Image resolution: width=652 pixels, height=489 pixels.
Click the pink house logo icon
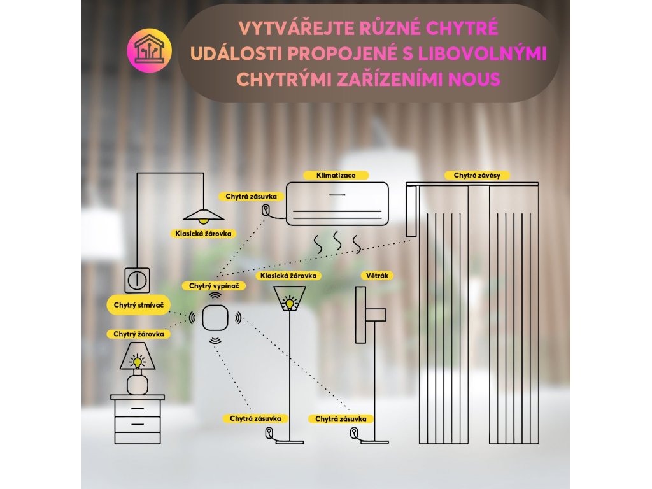[150, 50]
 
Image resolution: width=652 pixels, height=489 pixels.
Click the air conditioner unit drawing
[337, 204]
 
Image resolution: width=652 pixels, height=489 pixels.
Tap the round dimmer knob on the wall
[137, 279]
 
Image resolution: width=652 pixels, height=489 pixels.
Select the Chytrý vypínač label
[214, 287]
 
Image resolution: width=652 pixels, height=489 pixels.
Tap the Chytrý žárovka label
[139, 334]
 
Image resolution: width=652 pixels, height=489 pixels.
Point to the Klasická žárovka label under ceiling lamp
[203, 234]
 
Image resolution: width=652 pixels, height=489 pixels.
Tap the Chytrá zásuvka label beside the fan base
[341, 418]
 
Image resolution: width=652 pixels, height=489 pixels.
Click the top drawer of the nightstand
[137, 407]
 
